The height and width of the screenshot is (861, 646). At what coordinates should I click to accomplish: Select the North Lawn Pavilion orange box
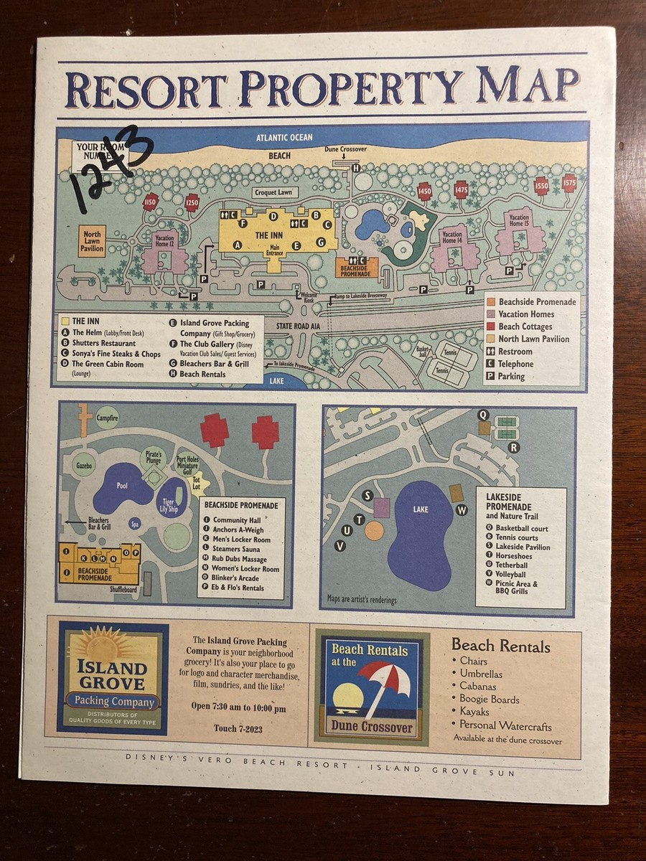(93, 241)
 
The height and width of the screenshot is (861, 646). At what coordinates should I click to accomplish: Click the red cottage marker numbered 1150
(150, 202)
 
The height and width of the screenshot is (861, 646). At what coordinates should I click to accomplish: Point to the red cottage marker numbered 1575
(569, 182)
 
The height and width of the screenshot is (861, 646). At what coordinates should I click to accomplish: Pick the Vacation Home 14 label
(452, 237)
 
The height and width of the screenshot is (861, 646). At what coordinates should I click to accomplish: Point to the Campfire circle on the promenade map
(108, 417)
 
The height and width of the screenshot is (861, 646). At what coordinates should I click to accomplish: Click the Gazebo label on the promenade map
(85, 465)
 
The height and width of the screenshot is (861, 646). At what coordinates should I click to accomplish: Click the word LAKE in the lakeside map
(421, 509)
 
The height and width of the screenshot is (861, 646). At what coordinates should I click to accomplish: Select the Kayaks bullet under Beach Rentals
(474, 712)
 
